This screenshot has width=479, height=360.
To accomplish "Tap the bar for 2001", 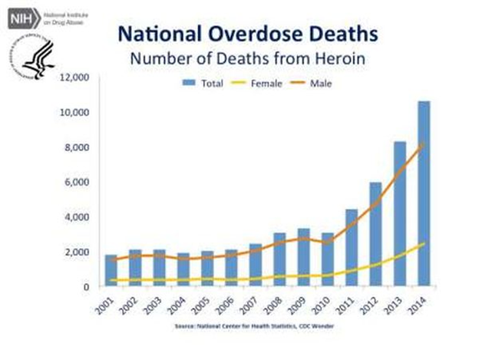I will pyautogui.click(x=111, y=270).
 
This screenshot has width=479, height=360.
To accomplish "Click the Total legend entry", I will pyautogui.click(x=201, y=81).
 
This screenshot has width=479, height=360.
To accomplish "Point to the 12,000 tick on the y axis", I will pyautogui.click(x=75, y=78).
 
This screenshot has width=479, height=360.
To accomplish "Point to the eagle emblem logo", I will pyautogui.click(x=29, y=55).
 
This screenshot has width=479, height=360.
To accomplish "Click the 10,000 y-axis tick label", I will pyautogui.click(x=75, y=113).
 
